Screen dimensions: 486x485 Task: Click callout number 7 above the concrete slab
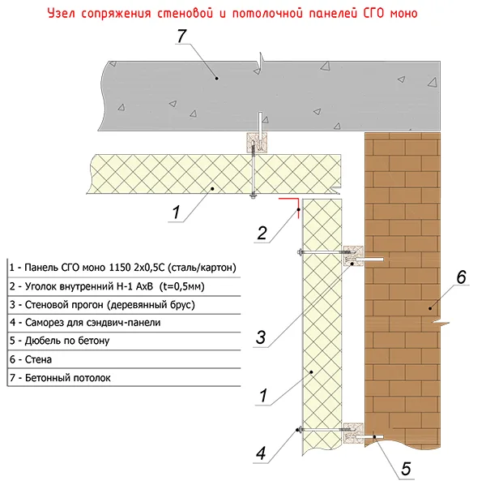coord(182,36)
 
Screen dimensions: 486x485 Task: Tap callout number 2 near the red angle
coord(262,233)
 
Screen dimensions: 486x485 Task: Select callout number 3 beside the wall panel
coord(261,337)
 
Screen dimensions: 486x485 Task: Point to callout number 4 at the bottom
coord(261,453)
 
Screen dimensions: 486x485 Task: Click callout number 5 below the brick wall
coord(406,469)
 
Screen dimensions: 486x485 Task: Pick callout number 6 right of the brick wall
coord(461,277)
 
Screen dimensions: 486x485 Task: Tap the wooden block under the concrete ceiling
coord(257,143)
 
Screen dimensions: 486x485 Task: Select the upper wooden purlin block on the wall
coord(353,255)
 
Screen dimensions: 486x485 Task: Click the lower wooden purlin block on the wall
coord(353,433)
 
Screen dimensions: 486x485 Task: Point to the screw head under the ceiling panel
coord(254,195)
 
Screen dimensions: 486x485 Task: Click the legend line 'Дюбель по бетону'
coord(59,341)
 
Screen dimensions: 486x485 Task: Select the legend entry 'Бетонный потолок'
coord(60,378)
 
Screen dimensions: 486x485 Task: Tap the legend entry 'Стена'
coord(31,359)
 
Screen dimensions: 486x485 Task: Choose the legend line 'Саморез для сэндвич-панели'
coord(85,323)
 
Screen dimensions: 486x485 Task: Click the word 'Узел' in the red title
coord(61,14)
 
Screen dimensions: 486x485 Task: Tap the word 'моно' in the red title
coord(404,14)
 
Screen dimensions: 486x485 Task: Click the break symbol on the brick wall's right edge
coord(440,324)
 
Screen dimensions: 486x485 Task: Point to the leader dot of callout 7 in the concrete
coord(216,78)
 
